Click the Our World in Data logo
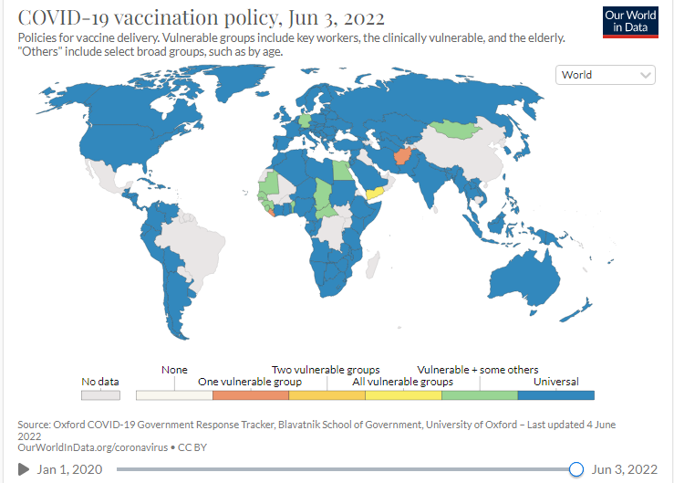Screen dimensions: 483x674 coord(629,22)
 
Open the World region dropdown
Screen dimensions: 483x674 coord(606,75)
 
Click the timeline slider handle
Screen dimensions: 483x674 coord(575,469)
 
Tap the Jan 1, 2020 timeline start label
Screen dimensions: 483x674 coord(69,469)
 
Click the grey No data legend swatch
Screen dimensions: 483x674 coord(100,395)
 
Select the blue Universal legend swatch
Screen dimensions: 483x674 coord(555,395)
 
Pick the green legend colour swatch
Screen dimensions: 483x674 coord(479,395)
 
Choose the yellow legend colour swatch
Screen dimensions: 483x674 coord(403,395)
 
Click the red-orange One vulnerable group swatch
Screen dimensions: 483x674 coord(250,395)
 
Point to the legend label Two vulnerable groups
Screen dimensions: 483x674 coord(326,370)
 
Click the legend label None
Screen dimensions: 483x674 coord(174,370)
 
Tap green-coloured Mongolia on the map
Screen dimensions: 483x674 coord(456,127)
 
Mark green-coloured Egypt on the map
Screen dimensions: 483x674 coord(340,170)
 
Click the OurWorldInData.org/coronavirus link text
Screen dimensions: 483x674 coord(87,447)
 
